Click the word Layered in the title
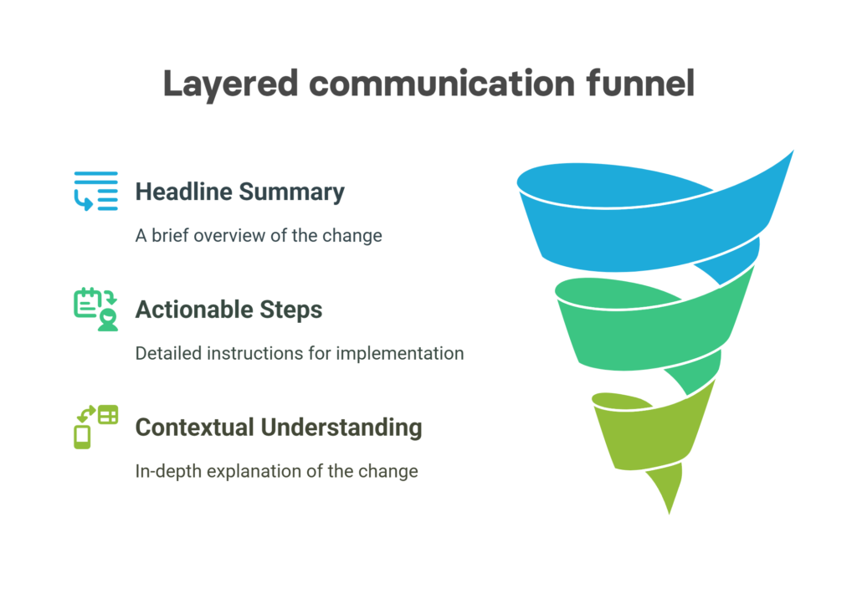tap(230, 85)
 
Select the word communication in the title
tap(442, 84)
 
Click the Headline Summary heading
tap(240, 192)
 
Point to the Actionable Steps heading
tap(228, 310)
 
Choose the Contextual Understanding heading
tap(278, 428)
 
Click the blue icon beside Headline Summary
tap(96, 192)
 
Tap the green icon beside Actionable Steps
tap(96, 310)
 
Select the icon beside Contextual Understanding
tap(96, 427)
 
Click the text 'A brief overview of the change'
tap(259, 235)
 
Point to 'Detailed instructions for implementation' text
tap(300, 354)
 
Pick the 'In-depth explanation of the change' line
tap(276, 471)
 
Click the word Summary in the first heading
tap(292, 192)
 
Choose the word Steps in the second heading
tap(290, 310)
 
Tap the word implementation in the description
tap(399, 354)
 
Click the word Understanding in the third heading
tap(341, 428)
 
